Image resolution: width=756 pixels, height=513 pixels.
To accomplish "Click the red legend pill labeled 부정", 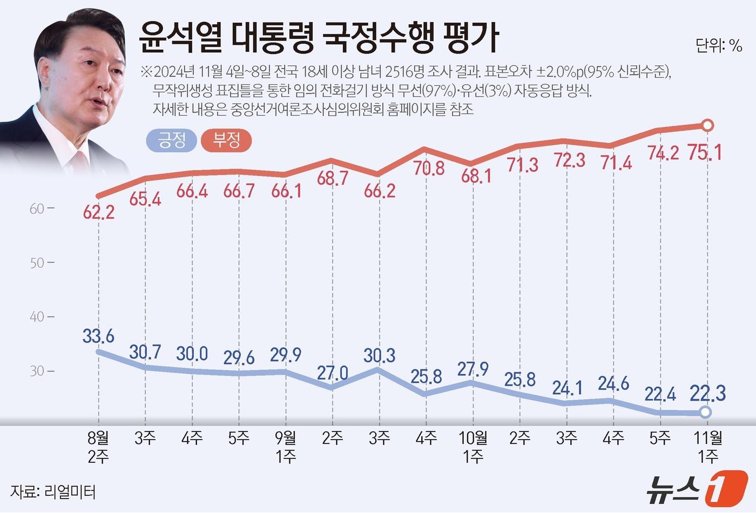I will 226,141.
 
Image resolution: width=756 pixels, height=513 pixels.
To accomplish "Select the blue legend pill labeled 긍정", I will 171,141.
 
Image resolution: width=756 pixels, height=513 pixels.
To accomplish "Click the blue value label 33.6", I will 98,336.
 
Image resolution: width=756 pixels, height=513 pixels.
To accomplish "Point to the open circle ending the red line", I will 708,126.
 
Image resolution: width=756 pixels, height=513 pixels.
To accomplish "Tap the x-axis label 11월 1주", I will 708,447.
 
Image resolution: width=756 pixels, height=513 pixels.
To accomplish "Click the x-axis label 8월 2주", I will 98,447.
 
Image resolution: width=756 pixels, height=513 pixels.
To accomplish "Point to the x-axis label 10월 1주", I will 473,447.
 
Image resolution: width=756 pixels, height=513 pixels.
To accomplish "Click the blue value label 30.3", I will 380,355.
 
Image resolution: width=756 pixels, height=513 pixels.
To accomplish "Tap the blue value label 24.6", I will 613,383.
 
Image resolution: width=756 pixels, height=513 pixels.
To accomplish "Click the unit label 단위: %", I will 719,46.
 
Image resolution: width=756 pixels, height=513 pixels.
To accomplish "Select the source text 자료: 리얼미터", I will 53,492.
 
